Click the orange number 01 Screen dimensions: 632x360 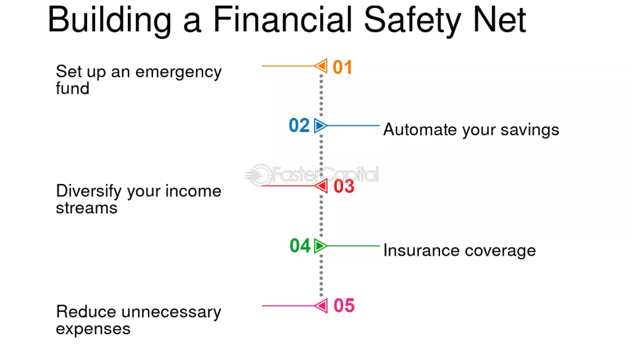(x=343, y=67)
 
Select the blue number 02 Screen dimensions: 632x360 (x=299, y=125)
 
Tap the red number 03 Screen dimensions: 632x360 (x=344, y=186)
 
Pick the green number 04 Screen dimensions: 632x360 (x=300, y=246)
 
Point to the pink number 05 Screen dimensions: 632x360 (x=344, y=305)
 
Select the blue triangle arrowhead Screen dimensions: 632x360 (x=320, y=126)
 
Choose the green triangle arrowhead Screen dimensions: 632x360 (x=320, y=246)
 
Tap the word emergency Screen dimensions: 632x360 (x=178, y=73)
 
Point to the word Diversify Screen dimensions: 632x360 (x=89, y=191)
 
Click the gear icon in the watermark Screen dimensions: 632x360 (x=260, y=175)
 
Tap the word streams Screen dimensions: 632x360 (x=86, y=208)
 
